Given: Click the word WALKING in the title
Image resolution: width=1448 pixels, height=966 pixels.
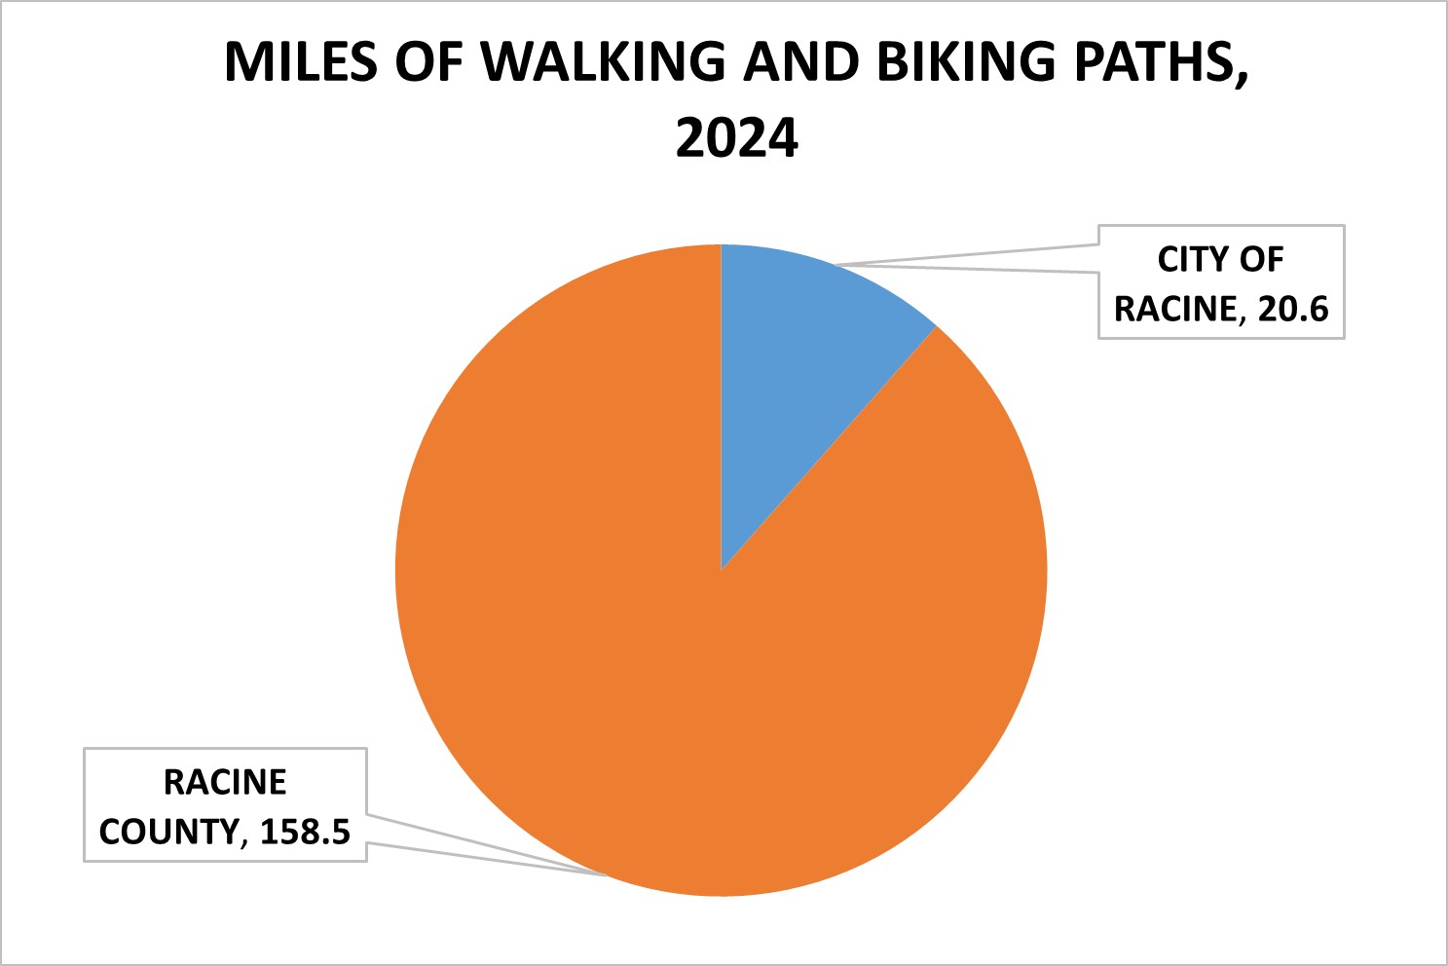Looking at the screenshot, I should tap(604, 62).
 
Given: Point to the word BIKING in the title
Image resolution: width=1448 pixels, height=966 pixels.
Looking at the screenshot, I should tap(965, 62).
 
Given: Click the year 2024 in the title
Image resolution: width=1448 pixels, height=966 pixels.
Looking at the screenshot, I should tap(737, 137).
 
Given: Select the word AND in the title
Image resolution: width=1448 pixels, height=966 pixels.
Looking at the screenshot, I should tap(799, 62).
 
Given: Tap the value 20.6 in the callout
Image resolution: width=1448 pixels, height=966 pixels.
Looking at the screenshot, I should tap(1293, 309).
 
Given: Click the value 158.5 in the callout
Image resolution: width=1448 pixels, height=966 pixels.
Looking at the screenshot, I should tap(305, 832).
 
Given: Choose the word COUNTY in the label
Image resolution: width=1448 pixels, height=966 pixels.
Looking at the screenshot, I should tap(168, 832).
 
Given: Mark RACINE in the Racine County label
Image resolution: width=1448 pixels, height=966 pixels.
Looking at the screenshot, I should tap(225, 782).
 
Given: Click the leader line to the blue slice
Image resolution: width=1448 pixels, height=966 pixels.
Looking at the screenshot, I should tap(974, 260).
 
